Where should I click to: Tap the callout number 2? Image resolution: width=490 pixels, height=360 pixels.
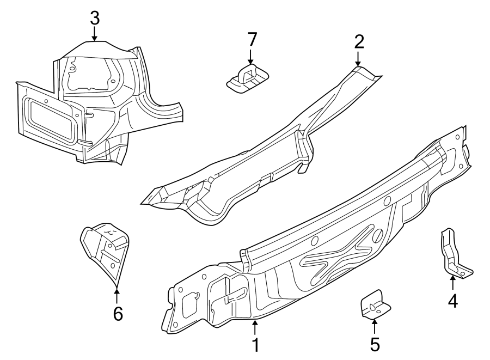coord(358,41)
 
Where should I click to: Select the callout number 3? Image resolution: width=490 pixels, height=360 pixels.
coord(95,17)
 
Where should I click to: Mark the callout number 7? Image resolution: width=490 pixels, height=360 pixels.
coord(251,39)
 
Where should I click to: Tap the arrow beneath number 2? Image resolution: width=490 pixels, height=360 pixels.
coord(358,59)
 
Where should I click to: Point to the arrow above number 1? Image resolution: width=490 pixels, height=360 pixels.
coord(255,328)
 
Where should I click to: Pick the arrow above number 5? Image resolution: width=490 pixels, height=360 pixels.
coord(374,327)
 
